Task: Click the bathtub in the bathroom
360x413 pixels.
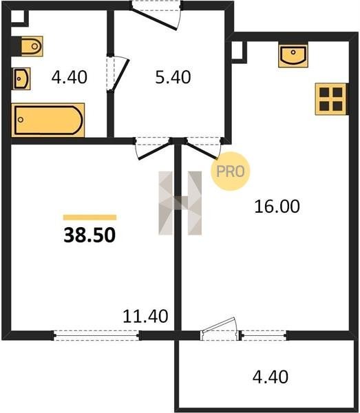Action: pyautogui.click(x=48, y=120)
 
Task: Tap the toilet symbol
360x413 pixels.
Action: pyautogui.click(x=32, y=46)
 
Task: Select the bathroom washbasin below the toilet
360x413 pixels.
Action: pyautogui.click(x=21, y=78)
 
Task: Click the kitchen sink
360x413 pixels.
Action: pyautogui.click(x=293, y=56)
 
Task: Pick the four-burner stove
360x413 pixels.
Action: pyautogui.click(x=331, y=99)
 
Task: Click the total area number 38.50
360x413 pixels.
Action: pyautogui.click(x=89, y=235)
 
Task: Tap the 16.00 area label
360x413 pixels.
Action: pyautogui.click(x=277, y=206)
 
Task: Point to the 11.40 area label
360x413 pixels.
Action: pyautogui.click(x=145, y=316)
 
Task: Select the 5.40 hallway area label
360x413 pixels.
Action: pyautogui.click(x=173, y=77)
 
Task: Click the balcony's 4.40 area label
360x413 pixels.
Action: pyautogui.click(x=271, y=377)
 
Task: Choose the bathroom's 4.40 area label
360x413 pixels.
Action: pyautogui.click(x=70, y=77)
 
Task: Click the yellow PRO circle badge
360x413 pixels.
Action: pyautogui.click(x=230, y=171)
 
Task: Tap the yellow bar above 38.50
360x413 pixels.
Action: pyautogui.click(x=89, y=218)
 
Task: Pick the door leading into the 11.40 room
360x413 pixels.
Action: pyautogui.click(x=153, y=149)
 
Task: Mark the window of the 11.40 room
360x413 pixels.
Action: pyautogui.click(x=96, y=336)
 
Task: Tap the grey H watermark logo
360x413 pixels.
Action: pyautogui.click(x=180, y=203)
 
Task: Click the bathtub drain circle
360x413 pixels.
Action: pyautogui.click(x=21, y=120)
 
